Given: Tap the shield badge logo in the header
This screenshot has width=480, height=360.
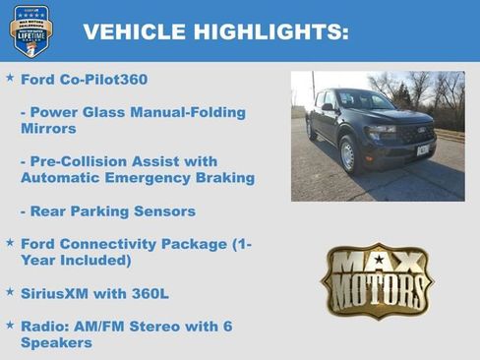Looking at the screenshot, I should tap(30, 30).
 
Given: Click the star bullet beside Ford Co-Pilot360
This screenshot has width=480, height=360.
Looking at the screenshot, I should tap(10, 77).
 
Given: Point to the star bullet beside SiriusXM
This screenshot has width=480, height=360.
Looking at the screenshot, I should tap(10, 292).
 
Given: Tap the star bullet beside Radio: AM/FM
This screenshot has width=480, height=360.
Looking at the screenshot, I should tap(10, 325).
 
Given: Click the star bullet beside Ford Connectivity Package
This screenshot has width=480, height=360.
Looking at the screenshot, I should tap(10, 242).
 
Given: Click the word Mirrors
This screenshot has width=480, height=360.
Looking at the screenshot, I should tap(49, 128).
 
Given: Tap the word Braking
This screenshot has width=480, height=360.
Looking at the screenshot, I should tap(223, 178).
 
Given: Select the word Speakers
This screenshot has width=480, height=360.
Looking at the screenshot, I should tap(57, 342).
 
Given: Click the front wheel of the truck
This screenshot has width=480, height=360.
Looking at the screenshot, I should tap(347, 154).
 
